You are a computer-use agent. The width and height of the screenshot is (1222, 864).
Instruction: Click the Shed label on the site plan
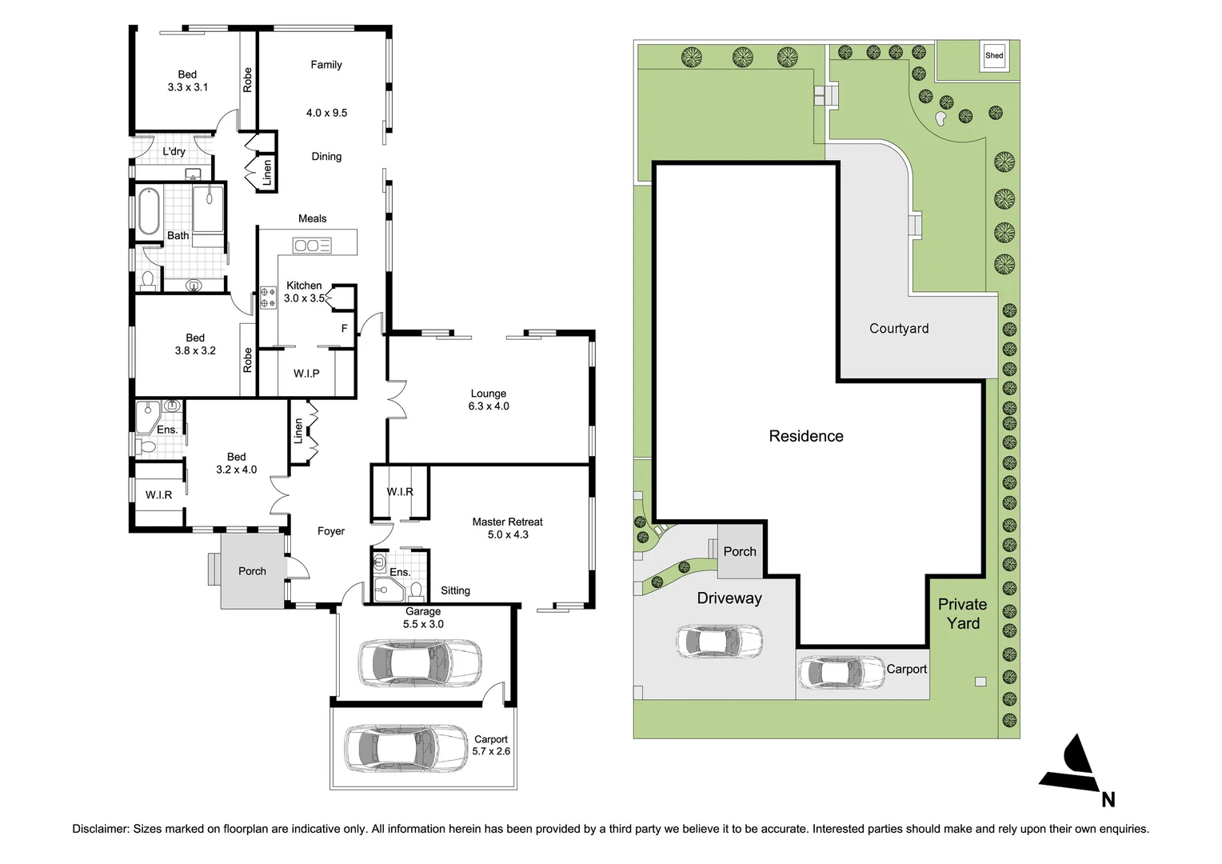click(x=994, y=56)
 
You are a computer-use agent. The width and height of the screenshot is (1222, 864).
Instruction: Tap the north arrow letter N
click(x=1108, y=799)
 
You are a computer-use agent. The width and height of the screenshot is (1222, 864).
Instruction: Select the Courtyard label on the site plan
click(x=899, y=329)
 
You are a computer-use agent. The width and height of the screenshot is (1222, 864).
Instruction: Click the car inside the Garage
click(x=420, y=662)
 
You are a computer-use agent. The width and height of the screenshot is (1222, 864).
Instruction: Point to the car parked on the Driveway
click(x=719, y=641)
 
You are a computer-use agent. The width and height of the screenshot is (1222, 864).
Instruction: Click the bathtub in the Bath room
click(x=149, y=210)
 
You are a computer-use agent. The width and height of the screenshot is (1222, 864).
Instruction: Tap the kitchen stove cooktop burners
click(x=268, y=298)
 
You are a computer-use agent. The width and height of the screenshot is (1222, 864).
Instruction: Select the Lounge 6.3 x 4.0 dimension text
click(x=489, y=406)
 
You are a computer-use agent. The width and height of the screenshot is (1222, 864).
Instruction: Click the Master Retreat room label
click(x=507, y=522)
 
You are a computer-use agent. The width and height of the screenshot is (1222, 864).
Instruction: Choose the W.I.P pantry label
click(x=306, y=374)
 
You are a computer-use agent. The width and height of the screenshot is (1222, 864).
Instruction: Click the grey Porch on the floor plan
click(x=252, y=571)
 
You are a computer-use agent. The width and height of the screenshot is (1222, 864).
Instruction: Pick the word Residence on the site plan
click(x=806, y=436)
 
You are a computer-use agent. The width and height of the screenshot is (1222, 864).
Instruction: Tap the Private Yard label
click(x=962, y=614)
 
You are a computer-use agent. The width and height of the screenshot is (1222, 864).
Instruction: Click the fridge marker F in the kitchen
click(x=344, y=328)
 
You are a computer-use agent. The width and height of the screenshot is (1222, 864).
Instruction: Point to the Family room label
click(x=326, y=65)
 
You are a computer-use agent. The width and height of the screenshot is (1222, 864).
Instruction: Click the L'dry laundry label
click(x=174, y=151)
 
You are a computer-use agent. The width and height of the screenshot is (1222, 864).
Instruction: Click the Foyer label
click(x=331, y=531)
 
